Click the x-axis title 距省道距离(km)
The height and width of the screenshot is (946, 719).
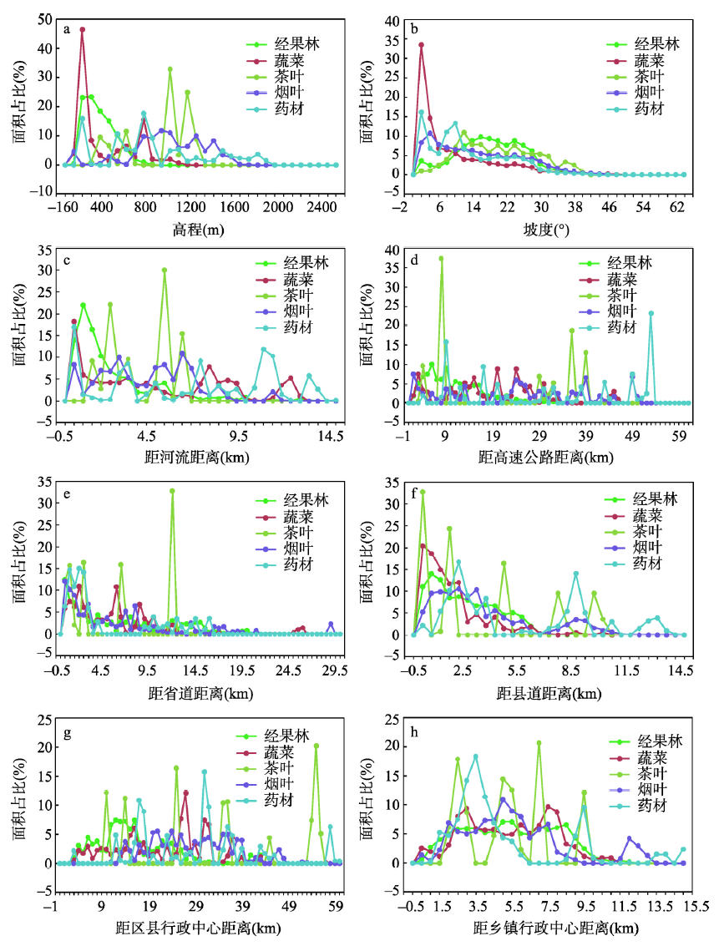(x=198, y=693)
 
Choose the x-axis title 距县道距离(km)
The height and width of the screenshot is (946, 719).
(x=546, y=693)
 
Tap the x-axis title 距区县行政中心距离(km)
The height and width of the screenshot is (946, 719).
(x=198, y=928)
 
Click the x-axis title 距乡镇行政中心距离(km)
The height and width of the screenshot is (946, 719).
(x=547, y=928)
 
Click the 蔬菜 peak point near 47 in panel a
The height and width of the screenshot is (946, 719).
(x=83, y=29)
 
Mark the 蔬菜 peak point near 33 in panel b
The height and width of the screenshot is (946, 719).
(x=422, y=45)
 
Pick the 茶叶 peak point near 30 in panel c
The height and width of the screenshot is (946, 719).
(x=165, y=270)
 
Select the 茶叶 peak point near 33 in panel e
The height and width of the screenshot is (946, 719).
(x=172, y=491)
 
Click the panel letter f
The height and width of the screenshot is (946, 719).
(x=415, y=493)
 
